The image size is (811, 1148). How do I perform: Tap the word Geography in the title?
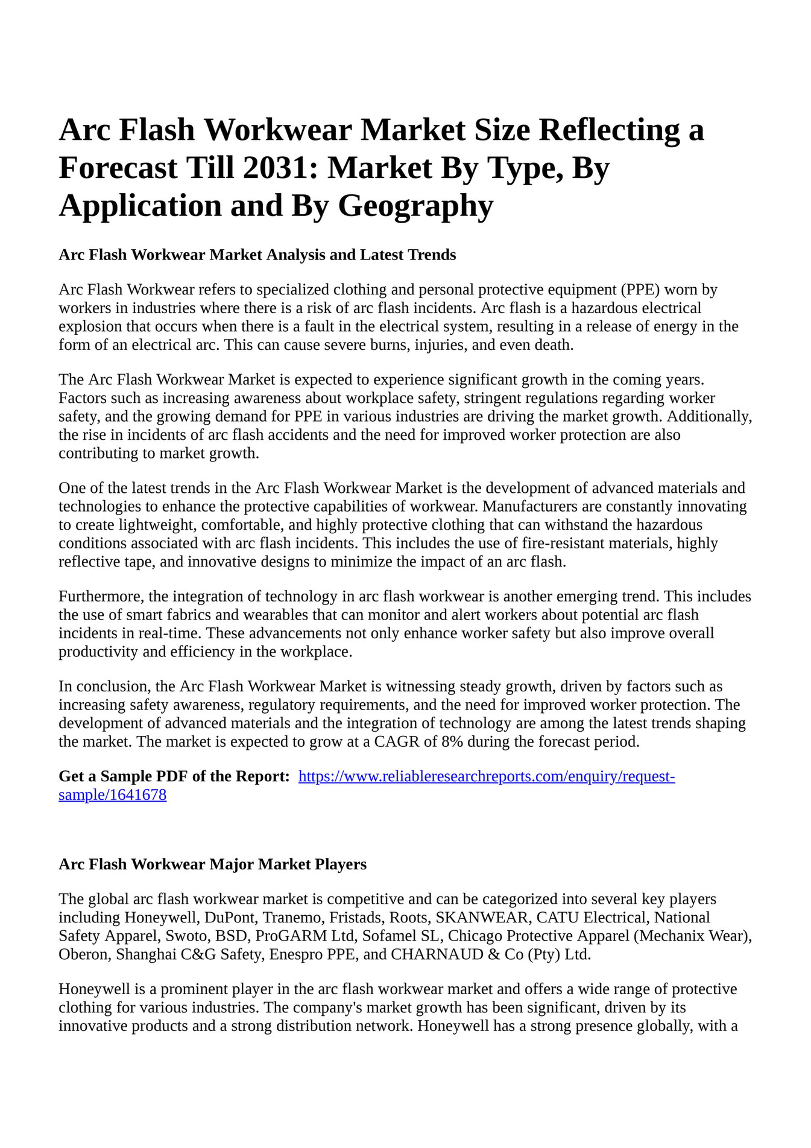[415, 206]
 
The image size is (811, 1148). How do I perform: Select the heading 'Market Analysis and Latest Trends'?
[257, 255]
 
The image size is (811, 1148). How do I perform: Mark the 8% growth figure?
[452, 742]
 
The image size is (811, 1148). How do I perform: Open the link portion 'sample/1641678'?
[112, 795]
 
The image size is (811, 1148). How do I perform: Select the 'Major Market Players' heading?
[212, 865]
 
